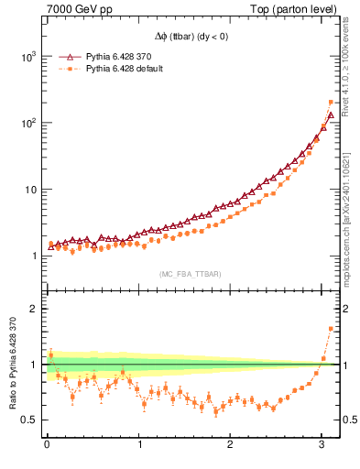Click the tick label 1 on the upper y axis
click(x=34, y=256)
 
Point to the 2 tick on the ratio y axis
click(x=34, y=309)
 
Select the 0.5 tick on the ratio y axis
click(x=30, y=420)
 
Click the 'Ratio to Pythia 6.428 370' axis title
click(x=11, y=364)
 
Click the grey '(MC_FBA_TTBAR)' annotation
click(x=190, y=274)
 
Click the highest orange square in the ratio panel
click(x=331, y=329)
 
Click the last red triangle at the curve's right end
click(x=331, y=116)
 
